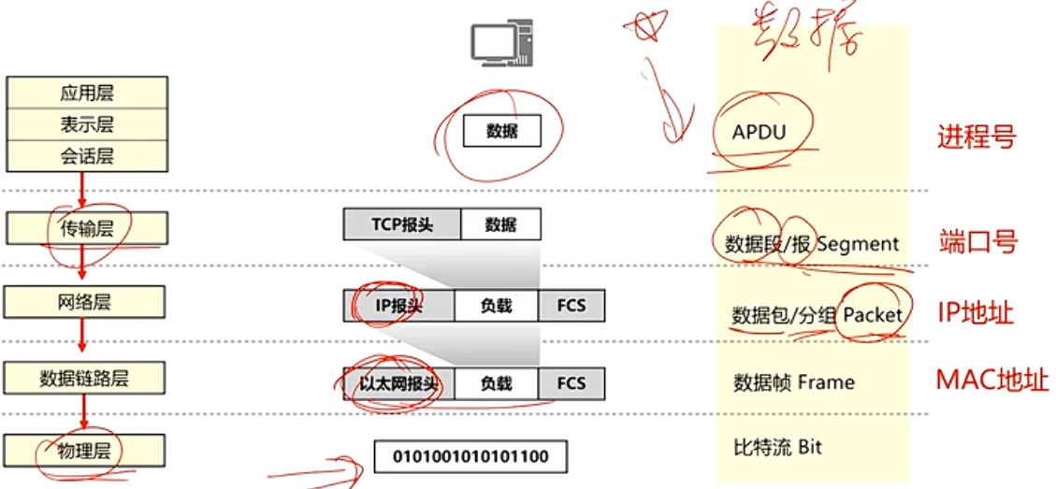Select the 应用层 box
coord(87,93)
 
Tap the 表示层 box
coord(87,125)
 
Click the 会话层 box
coord(87,156)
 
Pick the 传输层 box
coord(87,227)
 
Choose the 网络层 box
coord(85,302)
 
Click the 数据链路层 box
coord(85,378)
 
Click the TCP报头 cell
coord(402,225)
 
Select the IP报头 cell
coord(399,306)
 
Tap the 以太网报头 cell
coord(399,383)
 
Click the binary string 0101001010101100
coord(470,456)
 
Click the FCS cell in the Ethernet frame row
coord(571,383)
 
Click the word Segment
coord(858,245)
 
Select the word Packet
coord(872,315)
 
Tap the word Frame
coord(826,382)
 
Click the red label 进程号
coord(976,138)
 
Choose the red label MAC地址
coord(992,381)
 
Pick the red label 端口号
coord(977,242)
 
